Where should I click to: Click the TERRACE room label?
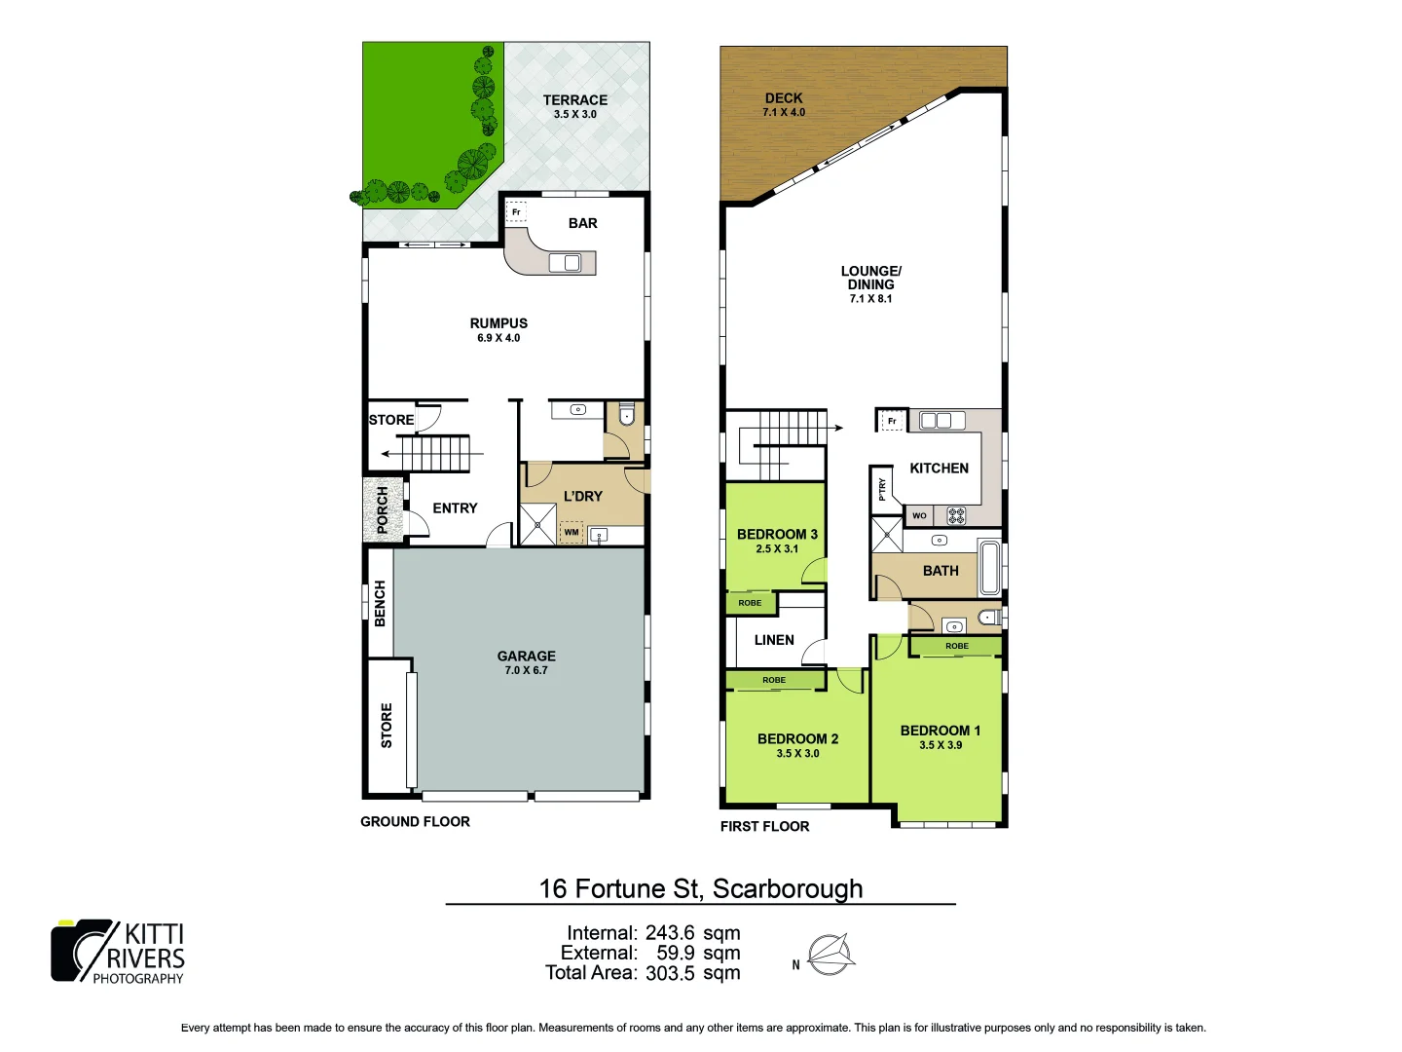coord(574,100)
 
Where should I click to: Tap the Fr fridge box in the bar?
coord(516,211)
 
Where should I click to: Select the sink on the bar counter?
coord(565,262)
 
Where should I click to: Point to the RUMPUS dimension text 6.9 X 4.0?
coord(498,338)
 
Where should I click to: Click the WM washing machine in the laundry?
coord(572,532)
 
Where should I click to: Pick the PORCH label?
coord(383,509)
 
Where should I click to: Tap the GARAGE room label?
coord(526,656)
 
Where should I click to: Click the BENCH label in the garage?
coord(380,603)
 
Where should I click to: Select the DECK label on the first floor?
coord(784,98)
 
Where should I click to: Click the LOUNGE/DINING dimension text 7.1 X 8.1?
coord(870,299)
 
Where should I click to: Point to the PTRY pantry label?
coord(882,489)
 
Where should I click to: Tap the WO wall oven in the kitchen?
coord(919,515)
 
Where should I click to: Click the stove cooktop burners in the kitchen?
coord(956,515)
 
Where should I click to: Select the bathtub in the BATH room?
coord(990,568)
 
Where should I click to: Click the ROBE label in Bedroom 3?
coord(750,603)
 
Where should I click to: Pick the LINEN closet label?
coord(774,640)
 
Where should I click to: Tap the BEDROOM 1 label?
coord(940,731)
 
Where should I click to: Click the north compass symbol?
coord(830,955)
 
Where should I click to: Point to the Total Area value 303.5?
coord(670,972)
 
